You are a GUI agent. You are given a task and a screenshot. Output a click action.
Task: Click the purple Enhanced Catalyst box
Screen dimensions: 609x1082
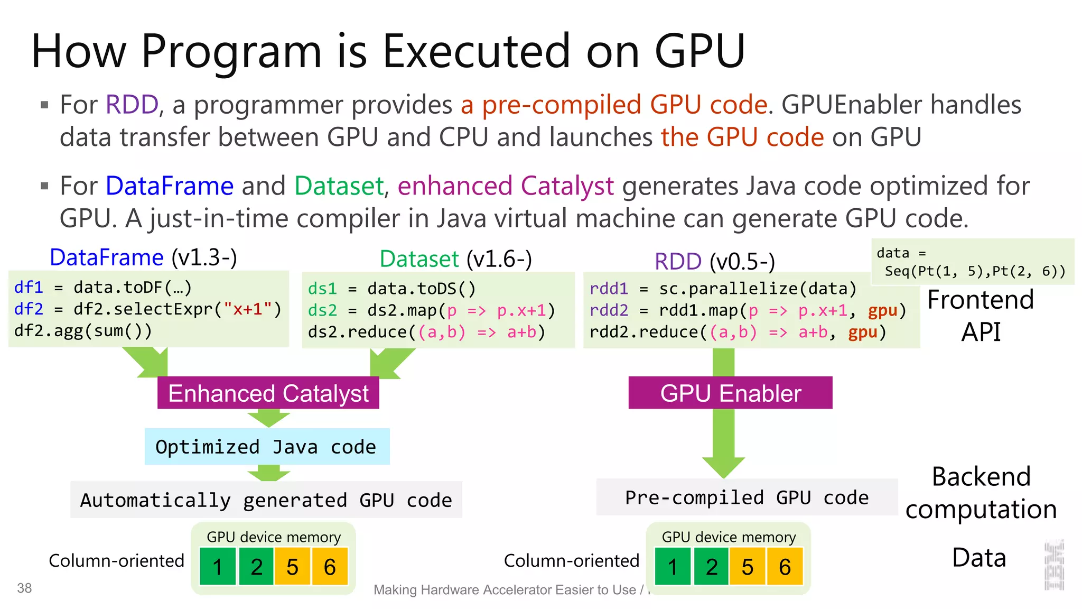pyautogui.click(x=268, y=393)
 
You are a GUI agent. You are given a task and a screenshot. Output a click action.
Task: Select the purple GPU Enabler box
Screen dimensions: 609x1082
pyautogui.click(x=730, y=393)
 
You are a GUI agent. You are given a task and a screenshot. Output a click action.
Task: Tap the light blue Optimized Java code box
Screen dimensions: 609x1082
pyautogui.click(x=267, y=447)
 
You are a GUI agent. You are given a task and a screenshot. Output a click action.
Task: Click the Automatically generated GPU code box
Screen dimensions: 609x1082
pyautogui.click(x=266, y=500)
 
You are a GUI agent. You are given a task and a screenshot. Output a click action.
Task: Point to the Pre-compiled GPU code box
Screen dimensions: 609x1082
pyautogui.click(x=747, y=497)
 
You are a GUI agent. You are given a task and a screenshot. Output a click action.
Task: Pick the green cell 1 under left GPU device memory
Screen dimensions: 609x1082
pyautogui.click(x=218, y=567)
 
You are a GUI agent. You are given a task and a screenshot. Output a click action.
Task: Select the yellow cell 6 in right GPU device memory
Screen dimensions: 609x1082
pyautogui.click(x=785, y=567)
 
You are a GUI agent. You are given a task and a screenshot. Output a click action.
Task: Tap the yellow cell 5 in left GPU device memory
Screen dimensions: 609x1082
pyautogui.click(x=292, y=567)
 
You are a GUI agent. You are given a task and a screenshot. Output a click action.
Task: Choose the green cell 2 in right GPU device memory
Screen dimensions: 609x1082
pyautogui.click(x=712, y=567)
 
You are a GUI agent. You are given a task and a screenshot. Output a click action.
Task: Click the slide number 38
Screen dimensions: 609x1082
pyautogui.click(x=24, y=588)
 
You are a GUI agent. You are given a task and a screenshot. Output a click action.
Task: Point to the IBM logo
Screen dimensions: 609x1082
pyautogui.click(x=1054, y=565)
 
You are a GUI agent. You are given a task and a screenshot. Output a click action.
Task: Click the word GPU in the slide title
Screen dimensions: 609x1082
pyautogui.click(x=699, y=51)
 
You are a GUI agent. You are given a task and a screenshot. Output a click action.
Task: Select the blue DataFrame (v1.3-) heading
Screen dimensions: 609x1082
pyautogui.click(x=143, y=257)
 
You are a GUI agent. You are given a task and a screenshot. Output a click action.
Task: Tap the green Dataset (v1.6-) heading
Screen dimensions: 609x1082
pyautogui.click(x=455, y=259)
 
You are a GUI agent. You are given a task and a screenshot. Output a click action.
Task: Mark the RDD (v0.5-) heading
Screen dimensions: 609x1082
pyautogui.click(x=714, y=261)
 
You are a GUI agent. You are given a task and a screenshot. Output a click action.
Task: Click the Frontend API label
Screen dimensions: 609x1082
pyautogui.click(x=981, y=316)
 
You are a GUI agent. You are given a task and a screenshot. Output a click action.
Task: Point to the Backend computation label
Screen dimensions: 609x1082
pyautogui.click(x=981, y=493)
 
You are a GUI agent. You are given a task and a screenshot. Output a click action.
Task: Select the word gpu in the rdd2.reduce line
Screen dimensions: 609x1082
pyautogui.click(x=863, y=332)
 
